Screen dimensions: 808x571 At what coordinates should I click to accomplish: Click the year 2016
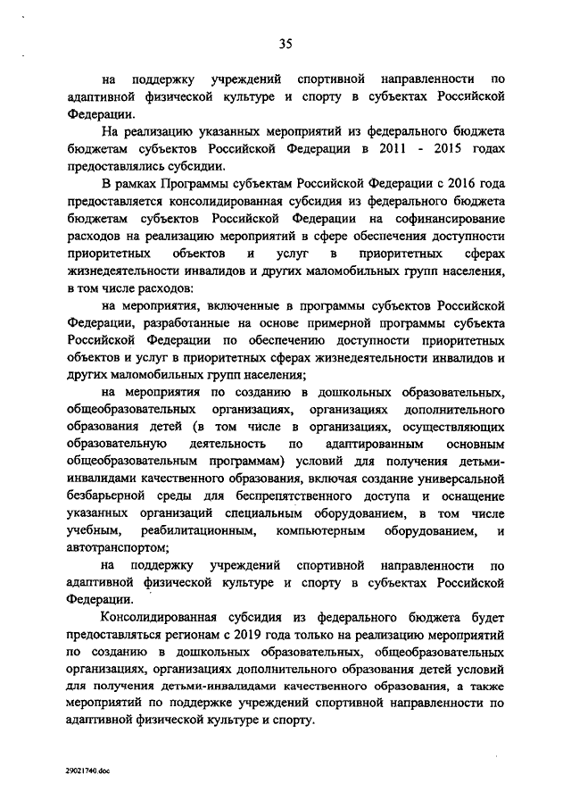485,184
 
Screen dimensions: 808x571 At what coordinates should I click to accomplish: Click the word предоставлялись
113,165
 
